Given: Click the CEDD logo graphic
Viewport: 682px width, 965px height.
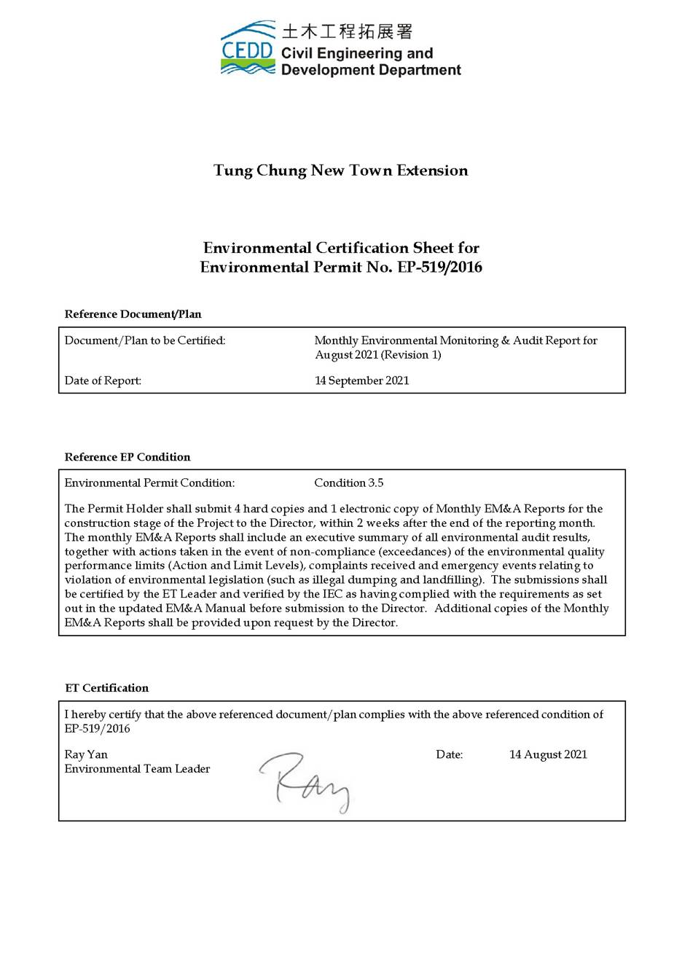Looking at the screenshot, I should (x=248, y=49).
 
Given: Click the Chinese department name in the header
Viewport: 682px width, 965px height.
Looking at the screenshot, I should (x=347, y=31).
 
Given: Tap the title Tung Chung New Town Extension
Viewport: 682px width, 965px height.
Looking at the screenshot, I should (x=341, y=171).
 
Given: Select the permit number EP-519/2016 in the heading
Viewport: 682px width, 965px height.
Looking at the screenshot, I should (x=439, y=267).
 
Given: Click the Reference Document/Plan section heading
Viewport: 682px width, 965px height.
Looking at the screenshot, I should (x=133, y=314).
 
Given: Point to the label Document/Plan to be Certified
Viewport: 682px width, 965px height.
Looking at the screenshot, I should (x=145, y=340).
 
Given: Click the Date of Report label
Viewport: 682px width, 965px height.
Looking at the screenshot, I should (x=103, y=380).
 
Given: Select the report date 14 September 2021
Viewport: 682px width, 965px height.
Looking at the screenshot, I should (x=361, y=380).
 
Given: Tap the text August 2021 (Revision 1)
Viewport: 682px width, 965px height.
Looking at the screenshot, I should (x=377, y=355).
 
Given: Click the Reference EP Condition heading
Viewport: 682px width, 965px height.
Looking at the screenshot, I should (x=128, y=457).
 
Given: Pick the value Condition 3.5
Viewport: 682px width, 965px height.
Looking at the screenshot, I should (x=348, y=482).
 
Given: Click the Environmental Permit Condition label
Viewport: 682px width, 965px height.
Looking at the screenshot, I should (x=149, y=482).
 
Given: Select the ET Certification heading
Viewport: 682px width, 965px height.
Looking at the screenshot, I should (x=106, y=688).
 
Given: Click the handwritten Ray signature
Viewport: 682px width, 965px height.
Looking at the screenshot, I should (x=305, y=782).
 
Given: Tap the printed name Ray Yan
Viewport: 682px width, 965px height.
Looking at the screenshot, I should (x=86, y=754).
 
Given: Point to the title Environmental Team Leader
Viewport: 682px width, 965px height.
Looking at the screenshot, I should (x=137, y=769).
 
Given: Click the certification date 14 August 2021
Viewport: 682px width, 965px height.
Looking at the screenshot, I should (x=548, y=754).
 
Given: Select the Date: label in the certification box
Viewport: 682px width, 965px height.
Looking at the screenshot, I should (x=449, y=754).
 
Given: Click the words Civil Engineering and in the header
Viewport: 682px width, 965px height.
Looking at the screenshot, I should (x=357, y=53).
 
